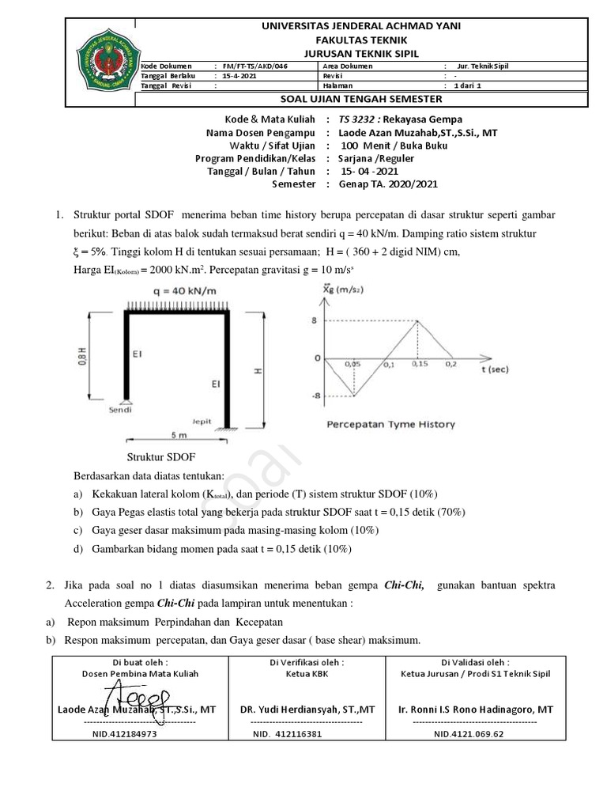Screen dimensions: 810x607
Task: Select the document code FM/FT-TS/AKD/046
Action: point(252,66)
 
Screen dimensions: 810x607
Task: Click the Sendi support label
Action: point(120,411)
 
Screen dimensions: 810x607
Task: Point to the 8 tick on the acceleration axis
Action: point(314,320)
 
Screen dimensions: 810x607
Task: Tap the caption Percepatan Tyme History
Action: point(390,425)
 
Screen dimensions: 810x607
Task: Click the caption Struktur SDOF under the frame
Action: point(161,458)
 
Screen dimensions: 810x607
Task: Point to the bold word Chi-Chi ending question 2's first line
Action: point(404,585)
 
